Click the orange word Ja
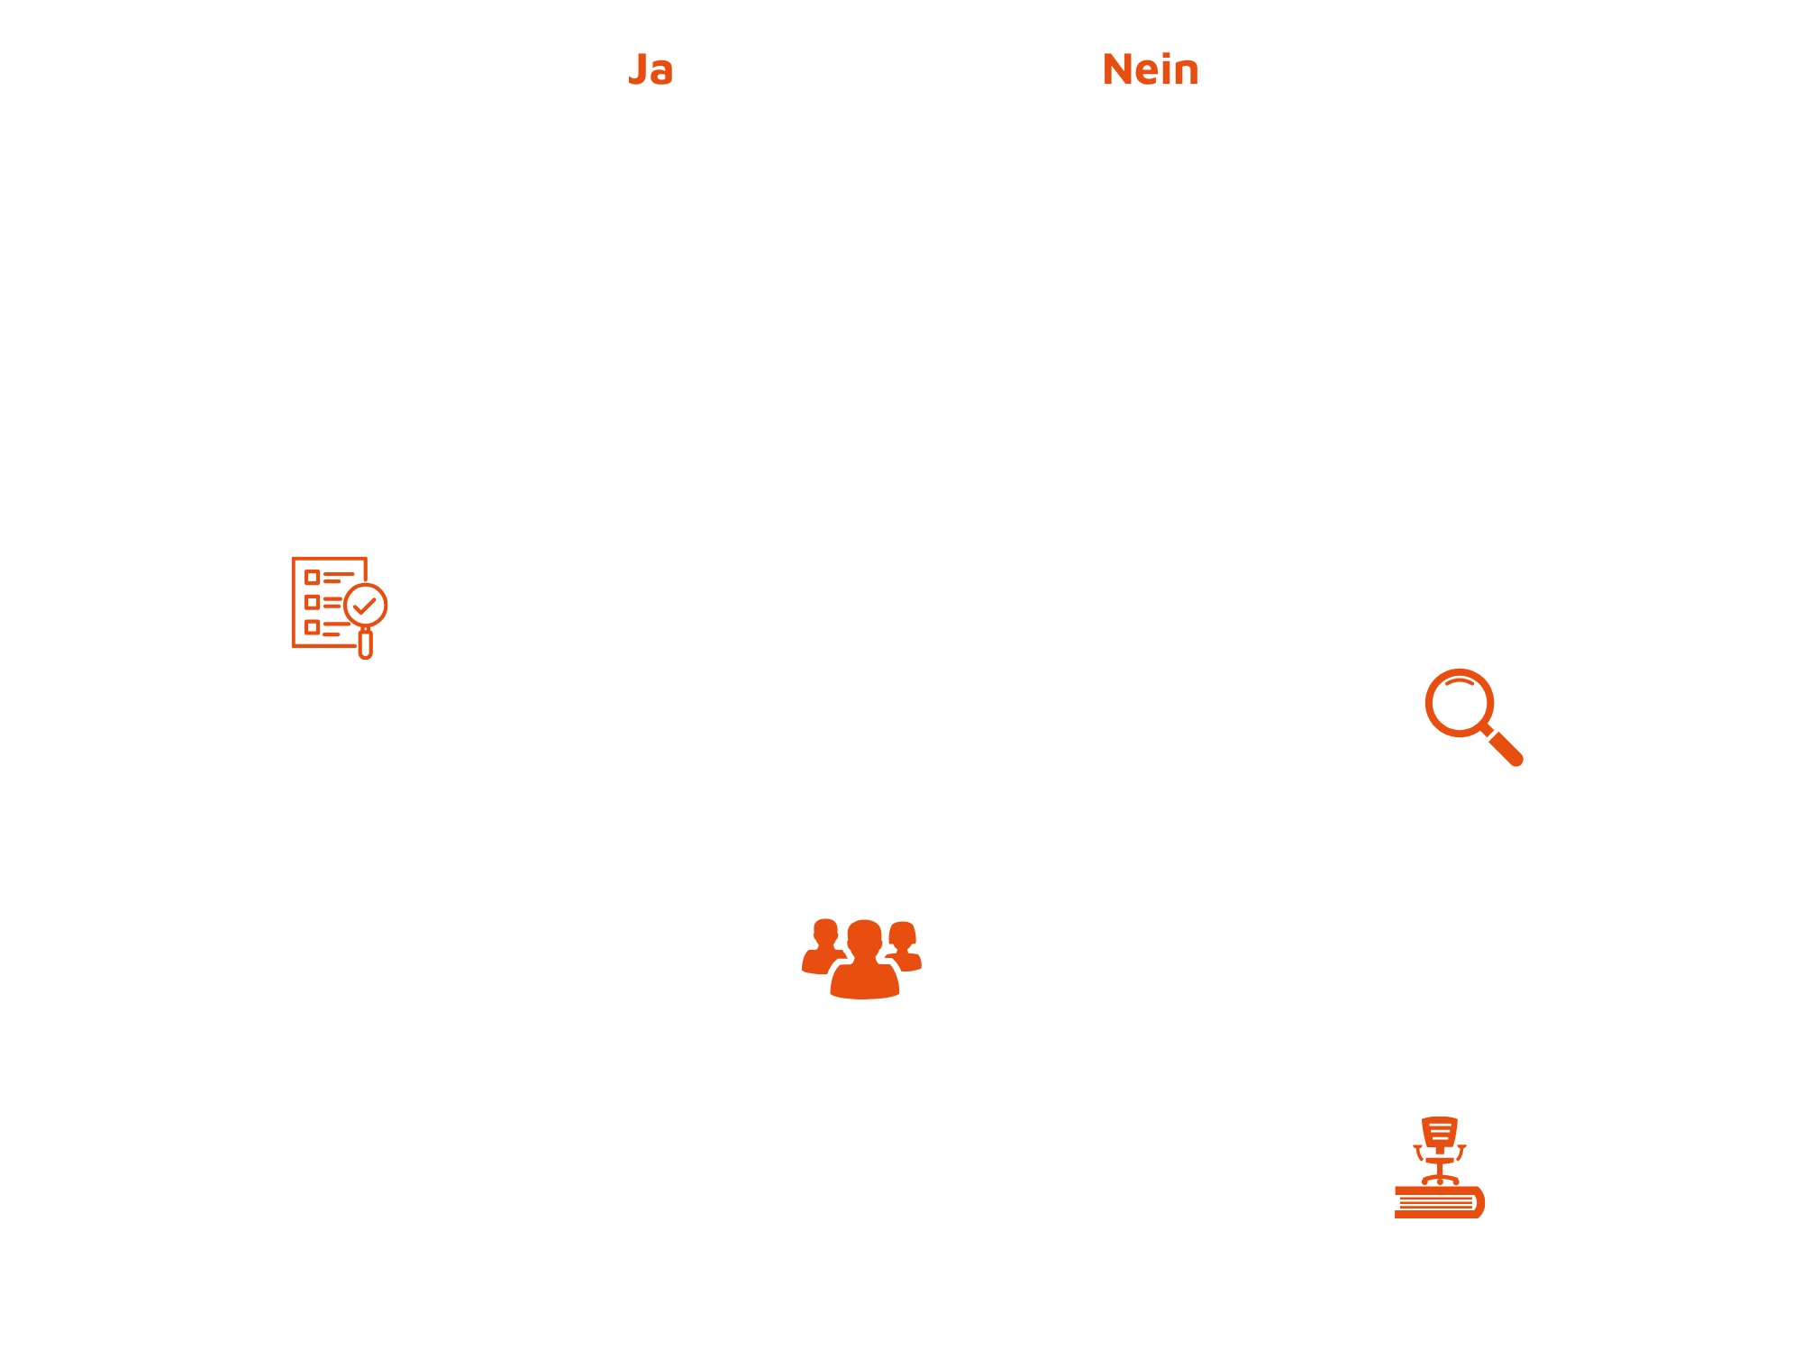[650, 70]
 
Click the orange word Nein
[1151, 70]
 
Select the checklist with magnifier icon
[337, 606]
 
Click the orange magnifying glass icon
[1473, 716]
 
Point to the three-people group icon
[861, 958]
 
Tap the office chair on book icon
[1440, 1167]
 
